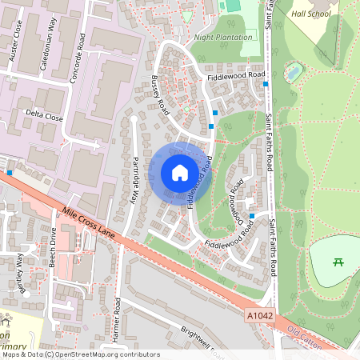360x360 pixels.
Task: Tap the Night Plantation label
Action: [x=224, y=37]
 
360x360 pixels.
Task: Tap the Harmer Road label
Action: [x=116, y=318]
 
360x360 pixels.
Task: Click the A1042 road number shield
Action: [x=255, y=317]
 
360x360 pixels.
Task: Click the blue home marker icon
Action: [x=180, y=172]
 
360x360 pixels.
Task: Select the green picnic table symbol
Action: [x=338, y=262]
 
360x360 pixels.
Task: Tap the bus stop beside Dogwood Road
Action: [x=252, y=216]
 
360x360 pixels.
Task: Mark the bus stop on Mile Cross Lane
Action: [x=10, y=172]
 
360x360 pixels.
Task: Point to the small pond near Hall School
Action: [x=294, y=73]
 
